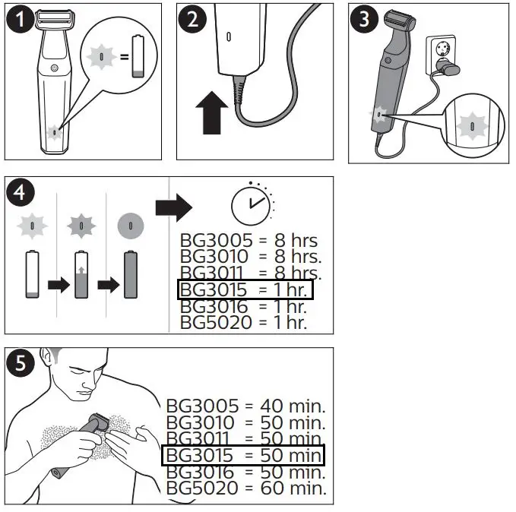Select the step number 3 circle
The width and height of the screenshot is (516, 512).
click(365, 20)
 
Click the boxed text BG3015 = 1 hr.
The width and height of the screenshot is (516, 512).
click(245, 290)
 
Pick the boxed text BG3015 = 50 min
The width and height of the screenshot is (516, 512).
click(243, 455)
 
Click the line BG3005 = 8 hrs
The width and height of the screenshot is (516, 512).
click(249, 241)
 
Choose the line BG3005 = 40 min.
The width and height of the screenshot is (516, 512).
click(245, 405)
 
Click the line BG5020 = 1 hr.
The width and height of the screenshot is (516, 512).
click(243, 323)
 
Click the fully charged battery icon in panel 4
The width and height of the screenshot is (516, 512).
click(131, 275)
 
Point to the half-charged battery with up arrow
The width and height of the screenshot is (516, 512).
click(82, 275)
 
